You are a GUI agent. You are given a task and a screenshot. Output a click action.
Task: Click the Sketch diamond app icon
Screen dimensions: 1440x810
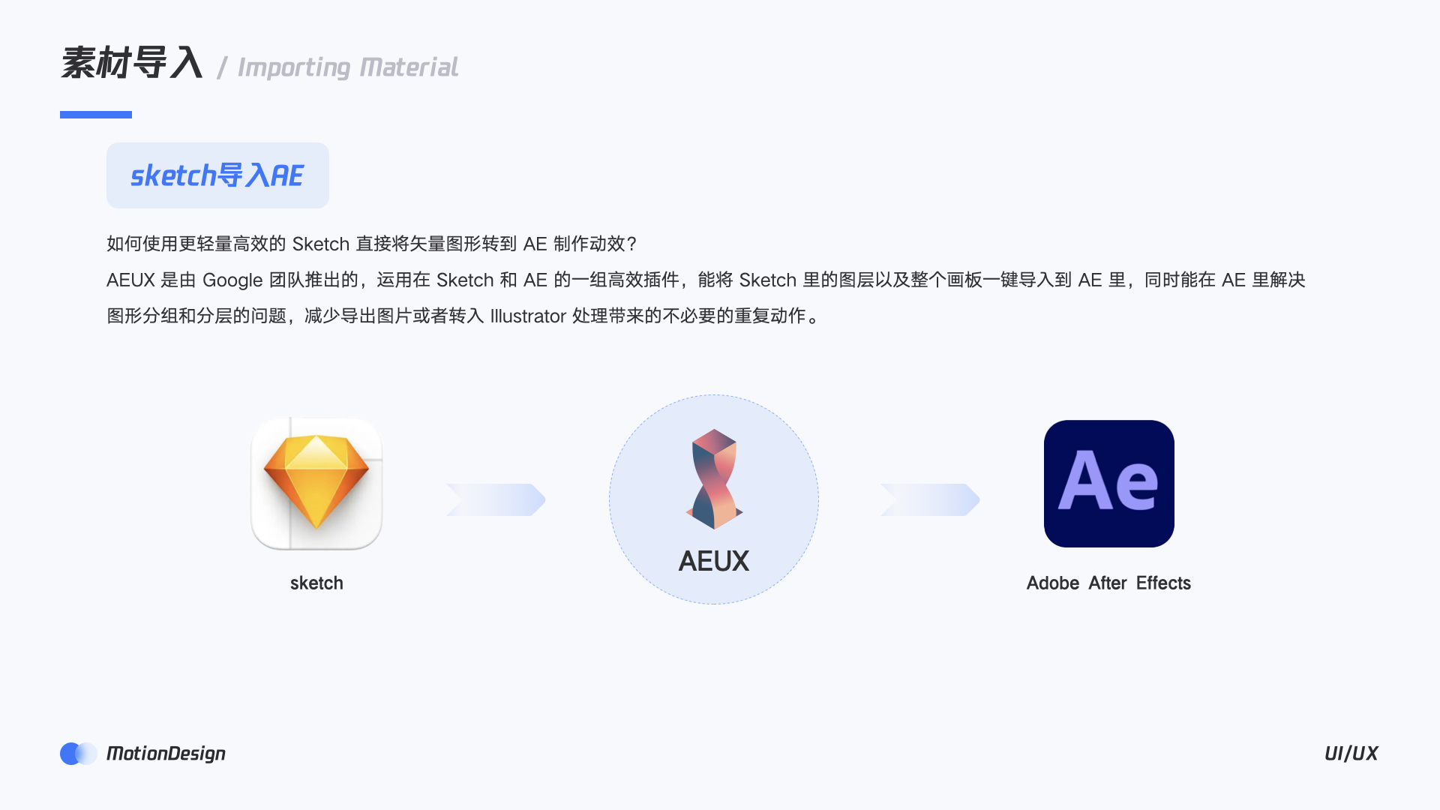click(x=316, y=484)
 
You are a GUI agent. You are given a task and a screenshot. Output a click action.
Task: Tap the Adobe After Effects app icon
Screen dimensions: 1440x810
click(x=1108, y=484)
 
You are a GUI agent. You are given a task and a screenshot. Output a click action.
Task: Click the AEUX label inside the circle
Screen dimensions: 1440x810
click(x=714, y=561)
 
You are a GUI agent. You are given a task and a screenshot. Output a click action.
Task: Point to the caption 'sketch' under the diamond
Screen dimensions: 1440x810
click(x=316, y=583)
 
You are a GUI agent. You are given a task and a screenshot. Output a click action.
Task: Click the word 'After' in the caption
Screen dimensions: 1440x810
click(x=1108, y=583)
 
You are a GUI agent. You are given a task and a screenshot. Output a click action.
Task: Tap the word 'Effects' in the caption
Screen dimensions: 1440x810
click(x=1163, y=583)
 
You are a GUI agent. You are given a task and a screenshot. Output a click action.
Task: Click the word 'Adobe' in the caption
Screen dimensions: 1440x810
click(x=1053, y=583)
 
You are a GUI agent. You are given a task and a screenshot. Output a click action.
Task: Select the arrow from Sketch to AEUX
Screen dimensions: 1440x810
click(x=496, y=499)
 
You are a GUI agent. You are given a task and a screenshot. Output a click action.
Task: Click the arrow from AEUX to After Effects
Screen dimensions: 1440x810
click(x=930, y=499)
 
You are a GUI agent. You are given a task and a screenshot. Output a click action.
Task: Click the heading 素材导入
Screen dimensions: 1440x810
click(x=132, y=63)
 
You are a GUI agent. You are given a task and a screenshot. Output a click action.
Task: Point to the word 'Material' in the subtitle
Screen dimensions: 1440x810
click(x=409, y=67)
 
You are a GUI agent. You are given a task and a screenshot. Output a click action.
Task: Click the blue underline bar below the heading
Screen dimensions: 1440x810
click(x=96, y=115)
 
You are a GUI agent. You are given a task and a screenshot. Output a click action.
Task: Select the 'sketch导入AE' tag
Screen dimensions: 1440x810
click(x=217, y=175)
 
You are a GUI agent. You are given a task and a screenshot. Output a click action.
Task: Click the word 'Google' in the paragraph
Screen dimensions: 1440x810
click(x=232, y=280)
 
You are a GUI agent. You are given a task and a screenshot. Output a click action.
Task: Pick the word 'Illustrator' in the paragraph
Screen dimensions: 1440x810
click(x=528, y=316)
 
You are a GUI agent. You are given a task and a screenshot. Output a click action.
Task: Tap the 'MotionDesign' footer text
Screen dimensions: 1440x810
click(x=166, y=754)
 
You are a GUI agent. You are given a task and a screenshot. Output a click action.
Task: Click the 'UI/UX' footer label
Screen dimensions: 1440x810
click(x=1351, y=754)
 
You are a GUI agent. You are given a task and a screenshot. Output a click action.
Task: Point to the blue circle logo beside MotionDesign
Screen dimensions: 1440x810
click(x=77, y=754)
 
